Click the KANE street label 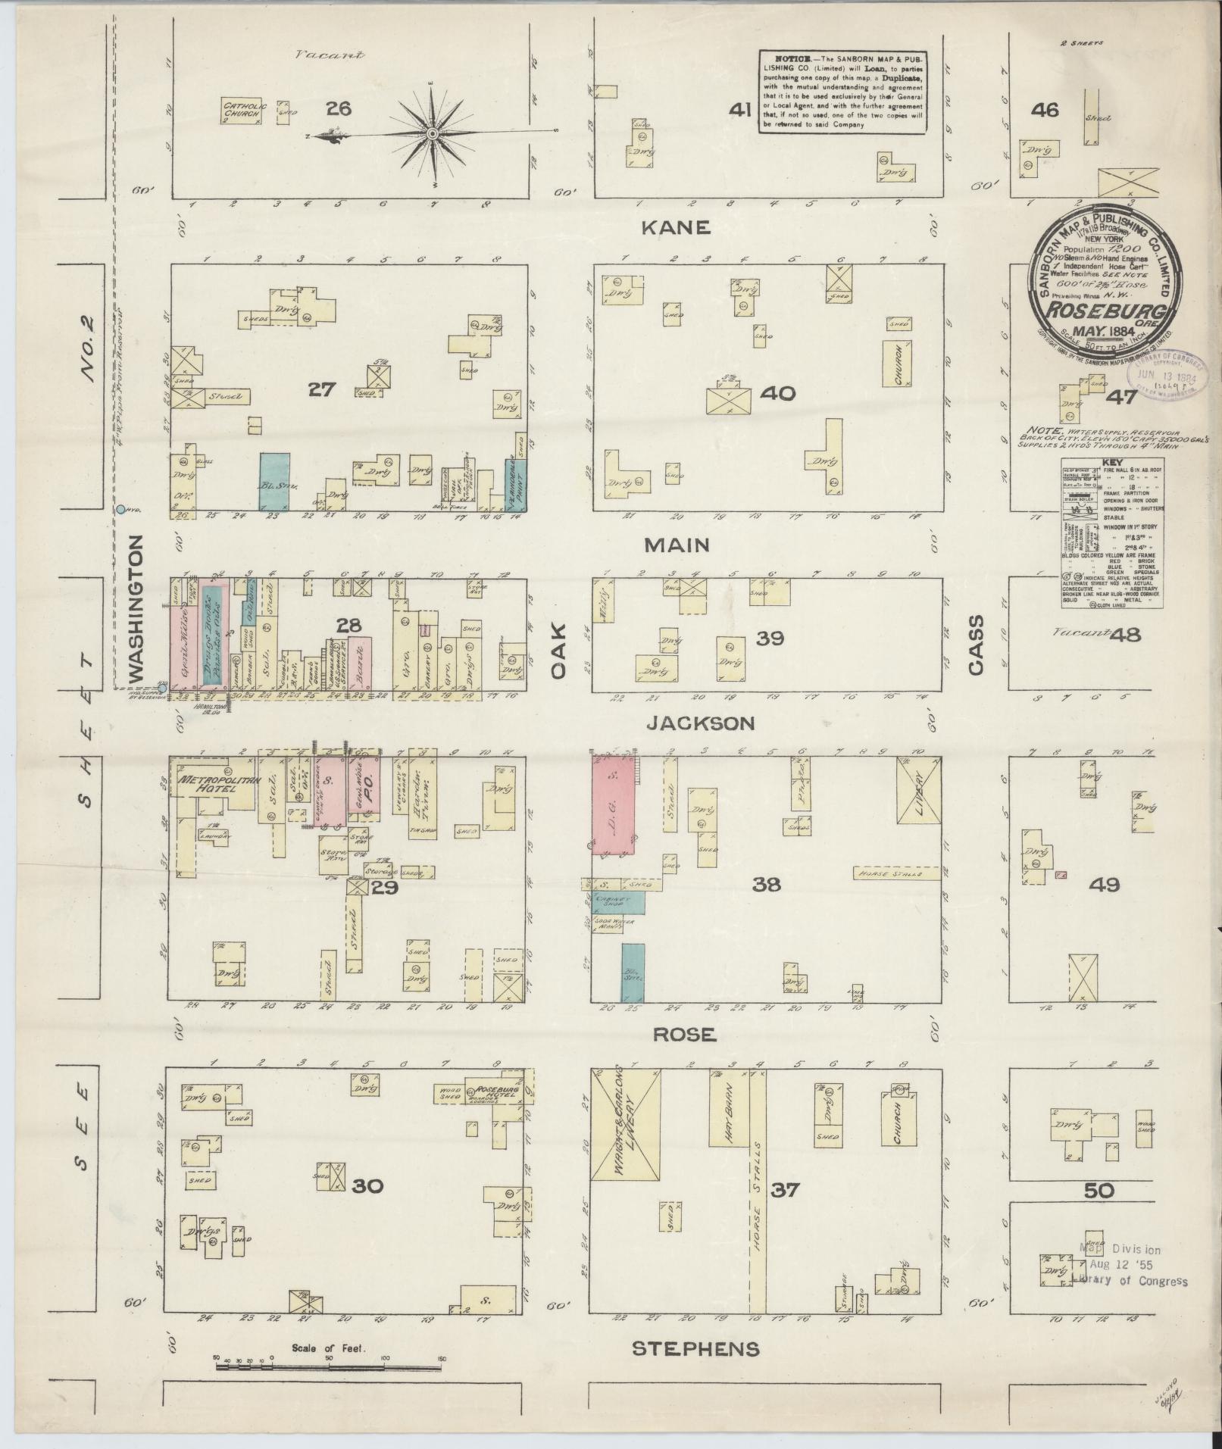coord(676,226)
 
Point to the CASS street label coord(975,643)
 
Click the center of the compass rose coord(432,134)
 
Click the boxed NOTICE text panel coord(843,92)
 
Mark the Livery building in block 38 coord(918,800)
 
